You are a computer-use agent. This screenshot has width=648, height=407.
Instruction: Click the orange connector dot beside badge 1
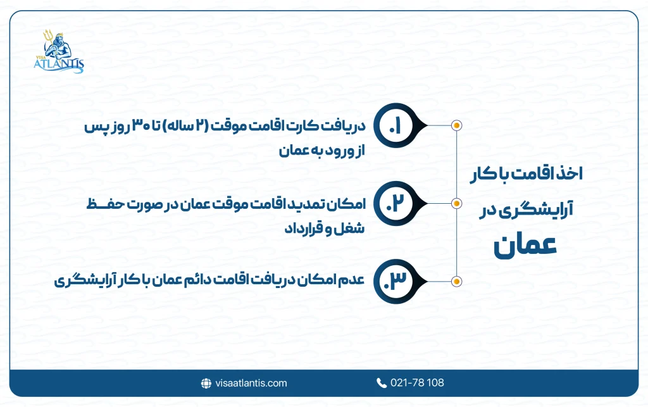tap(456, 125)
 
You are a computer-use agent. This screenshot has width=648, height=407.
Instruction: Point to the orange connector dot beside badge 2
tap(456, 203)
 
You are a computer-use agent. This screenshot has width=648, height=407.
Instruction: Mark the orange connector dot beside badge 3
tap(456, 280)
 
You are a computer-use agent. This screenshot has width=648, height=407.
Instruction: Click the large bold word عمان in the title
tap(526, 246)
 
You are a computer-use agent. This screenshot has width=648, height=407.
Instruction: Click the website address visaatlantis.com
tap(251, 383)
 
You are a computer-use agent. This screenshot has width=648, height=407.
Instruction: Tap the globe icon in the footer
tap(206, 383)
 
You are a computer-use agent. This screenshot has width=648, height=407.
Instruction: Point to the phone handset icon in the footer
tap(381, 383)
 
